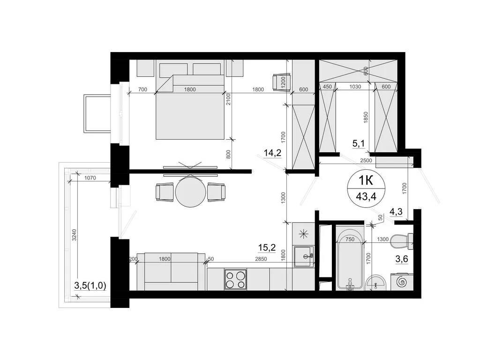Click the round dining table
[190, 191]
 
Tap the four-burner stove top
[235, 280]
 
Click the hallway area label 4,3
[397, 212]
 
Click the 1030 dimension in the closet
[356, 86]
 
